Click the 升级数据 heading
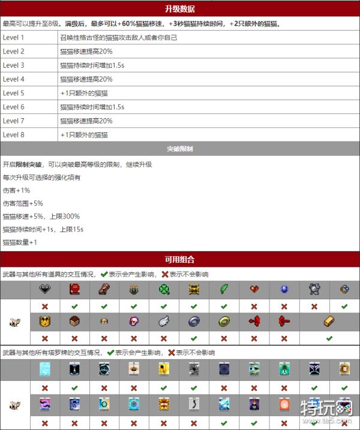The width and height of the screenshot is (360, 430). (x=179, y=9)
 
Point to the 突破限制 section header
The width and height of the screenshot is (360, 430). (x=179, y=148)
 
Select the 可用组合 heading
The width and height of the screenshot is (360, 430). (x=179, y=260)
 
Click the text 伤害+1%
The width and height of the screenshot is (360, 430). (x=16, y=190)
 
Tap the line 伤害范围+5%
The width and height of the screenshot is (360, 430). (x=23, y=203)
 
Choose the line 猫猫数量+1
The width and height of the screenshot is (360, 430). (x=20, y=242)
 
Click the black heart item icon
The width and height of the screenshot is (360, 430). (x=45, y=289)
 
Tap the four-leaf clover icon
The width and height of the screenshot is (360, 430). (x=163, y=289)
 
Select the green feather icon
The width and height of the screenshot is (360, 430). (x=224, y=289)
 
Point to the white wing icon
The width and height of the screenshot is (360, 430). (x=163, y=321)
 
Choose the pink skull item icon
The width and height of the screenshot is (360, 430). (x=133, y=321)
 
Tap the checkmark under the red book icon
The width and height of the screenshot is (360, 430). (x=74, y=306)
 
